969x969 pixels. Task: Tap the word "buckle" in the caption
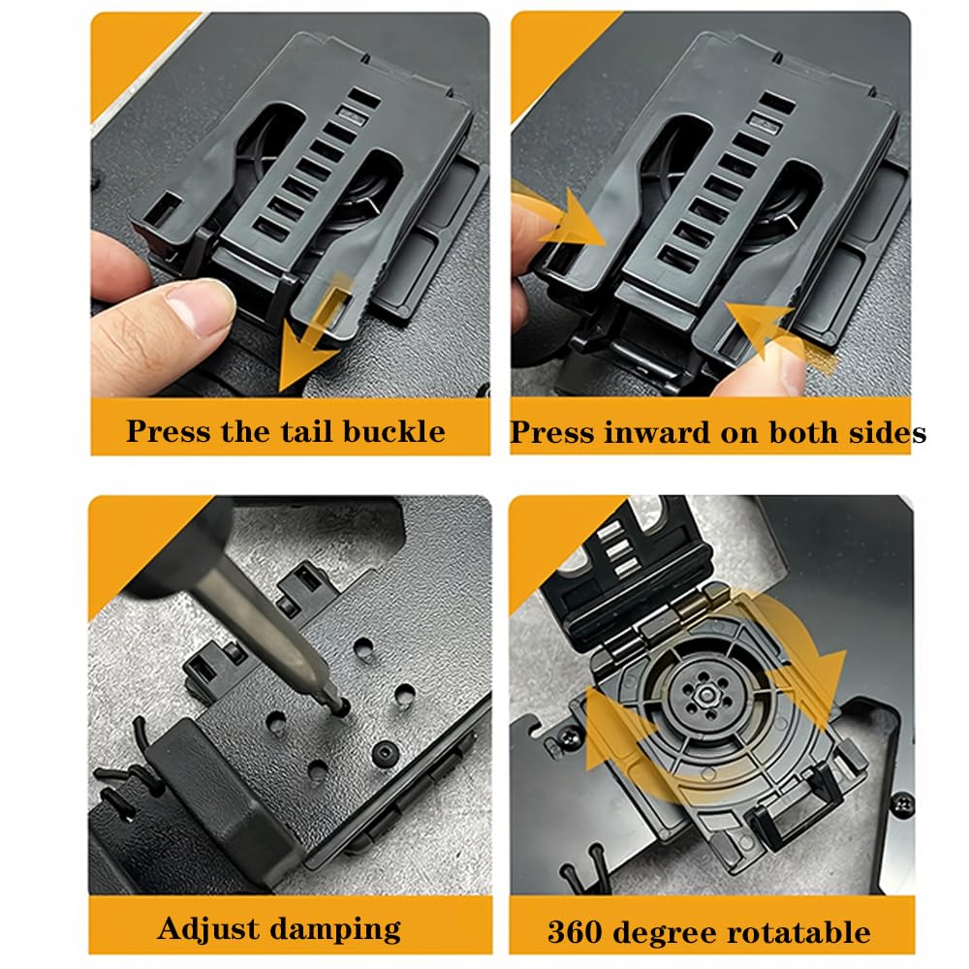393,431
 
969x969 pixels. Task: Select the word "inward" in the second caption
656,432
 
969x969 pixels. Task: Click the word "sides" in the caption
888,432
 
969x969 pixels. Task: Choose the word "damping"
335,929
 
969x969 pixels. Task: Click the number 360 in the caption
575,932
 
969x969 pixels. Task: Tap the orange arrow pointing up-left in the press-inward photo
780,337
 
